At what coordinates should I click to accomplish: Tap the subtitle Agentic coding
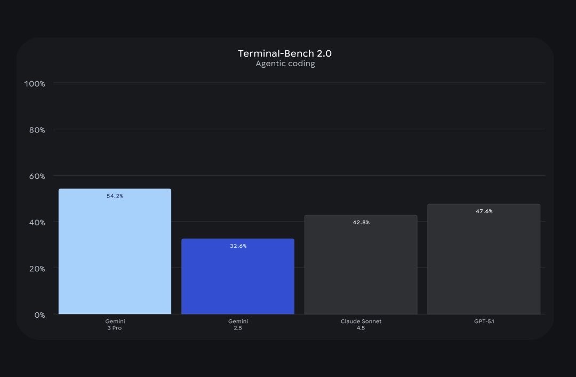(x=285, y=64)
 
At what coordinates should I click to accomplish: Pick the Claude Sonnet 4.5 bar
(x=361, y=267)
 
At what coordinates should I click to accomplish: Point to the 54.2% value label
(x=115, y=197)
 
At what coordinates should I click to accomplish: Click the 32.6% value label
(x=238, y=246)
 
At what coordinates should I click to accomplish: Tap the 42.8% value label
(x=361, y=223)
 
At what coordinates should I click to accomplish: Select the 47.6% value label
(x=484, y=211)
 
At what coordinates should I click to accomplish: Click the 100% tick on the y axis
(x=35, y=84)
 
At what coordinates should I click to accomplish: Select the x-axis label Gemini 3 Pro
(x=115, y=325)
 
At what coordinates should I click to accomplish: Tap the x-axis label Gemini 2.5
(x=238, y=325)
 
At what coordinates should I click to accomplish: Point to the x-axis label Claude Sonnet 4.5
(x=361, y=325)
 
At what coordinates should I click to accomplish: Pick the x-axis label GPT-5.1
(x=484, y=321)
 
